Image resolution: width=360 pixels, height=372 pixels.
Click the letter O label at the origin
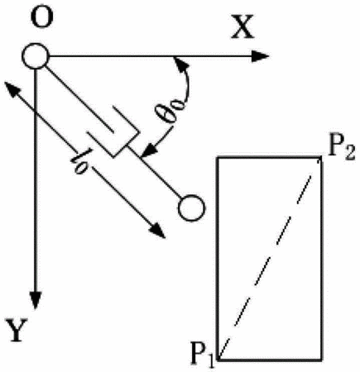42,17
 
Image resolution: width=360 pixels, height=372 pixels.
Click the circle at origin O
36,56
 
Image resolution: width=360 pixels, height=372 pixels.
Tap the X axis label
242,26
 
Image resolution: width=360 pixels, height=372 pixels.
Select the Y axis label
17,330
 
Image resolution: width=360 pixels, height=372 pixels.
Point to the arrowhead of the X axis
260,56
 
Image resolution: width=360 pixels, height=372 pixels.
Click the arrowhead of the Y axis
36,300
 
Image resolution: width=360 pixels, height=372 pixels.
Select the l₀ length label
82,161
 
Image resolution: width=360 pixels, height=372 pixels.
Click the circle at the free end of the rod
192,207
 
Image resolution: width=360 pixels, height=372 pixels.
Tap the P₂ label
341,150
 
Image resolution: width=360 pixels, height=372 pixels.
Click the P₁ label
202,355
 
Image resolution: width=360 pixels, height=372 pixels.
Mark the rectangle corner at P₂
321,157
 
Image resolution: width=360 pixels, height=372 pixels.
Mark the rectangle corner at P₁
218,360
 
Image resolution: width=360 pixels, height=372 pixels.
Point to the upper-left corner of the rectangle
218,157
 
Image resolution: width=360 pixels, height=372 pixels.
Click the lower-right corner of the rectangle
321,360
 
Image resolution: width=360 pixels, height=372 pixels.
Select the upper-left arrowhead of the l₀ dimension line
11,88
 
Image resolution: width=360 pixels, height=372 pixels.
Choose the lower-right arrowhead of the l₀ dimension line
158,231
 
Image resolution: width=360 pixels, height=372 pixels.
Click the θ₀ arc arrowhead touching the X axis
180,64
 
